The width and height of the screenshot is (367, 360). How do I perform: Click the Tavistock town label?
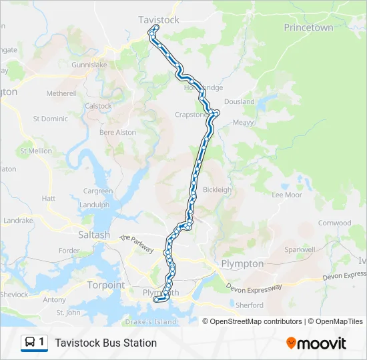coord(158,20)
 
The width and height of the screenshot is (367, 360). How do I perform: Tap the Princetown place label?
coord(308,27)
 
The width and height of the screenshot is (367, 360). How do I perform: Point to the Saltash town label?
coord(93,235)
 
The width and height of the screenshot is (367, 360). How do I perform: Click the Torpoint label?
coord(105,285)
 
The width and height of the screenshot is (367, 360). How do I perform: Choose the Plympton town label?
coord(242,263)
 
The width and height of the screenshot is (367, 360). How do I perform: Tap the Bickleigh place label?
coord(217,189)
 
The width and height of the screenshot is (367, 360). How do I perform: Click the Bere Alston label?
coord(117,133)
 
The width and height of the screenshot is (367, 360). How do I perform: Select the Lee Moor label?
coord(287,195)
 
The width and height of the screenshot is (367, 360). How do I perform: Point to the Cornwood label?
coord(334,223)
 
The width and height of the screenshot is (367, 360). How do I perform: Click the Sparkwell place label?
coord(300,249)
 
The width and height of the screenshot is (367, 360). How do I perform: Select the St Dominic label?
coord(50,119)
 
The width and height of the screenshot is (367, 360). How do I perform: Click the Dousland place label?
coord(239,102)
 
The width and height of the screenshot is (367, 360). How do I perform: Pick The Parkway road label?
coord(137,243)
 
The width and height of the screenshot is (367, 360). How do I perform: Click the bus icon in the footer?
coord(30,343)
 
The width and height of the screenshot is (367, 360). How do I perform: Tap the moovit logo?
coord(316,343)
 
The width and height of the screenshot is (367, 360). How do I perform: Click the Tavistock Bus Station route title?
coord(105,343)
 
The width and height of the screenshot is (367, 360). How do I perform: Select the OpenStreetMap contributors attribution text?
coord(256,321)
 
